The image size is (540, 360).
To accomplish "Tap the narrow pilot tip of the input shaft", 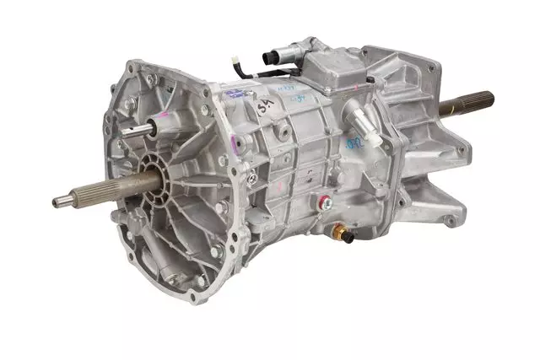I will tap(61, 201).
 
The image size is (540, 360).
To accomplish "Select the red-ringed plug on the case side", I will tap(322, 200).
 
